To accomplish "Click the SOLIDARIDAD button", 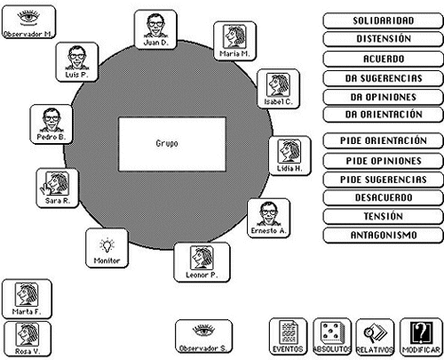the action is click(383, 20).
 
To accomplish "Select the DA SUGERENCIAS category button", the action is click(383, 78).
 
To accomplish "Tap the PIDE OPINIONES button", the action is click(383, 161).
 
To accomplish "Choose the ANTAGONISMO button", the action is click(383, 236).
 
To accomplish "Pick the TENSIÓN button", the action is click(383, 216).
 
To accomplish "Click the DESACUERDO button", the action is click(383, 197).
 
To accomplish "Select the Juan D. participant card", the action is click(155, 29).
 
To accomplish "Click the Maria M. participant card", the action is click(234, 41).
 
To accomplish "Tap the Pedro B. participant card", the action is click(52, 124).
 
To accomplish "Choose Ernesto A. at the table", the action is click(268, 218).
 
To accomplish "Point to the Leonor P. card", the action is click(202, 262).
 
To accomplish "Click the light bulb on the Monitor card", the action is click(107, 245).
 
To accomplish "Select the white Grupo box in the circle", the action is click(172, 144).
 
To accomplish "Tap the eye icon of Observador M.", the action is click(28, 17).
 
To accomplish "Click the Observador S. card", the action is click(203, 336).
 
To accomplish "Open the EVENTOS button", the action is click(288, 337).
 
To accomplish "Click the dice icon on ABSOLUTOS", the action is click(331, 332).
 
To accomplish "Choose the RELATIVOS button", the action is click(375, 337).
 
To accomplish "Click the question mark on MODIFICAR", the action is click(421, 332).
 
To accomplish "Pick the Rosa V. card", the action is click(28, 339).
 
